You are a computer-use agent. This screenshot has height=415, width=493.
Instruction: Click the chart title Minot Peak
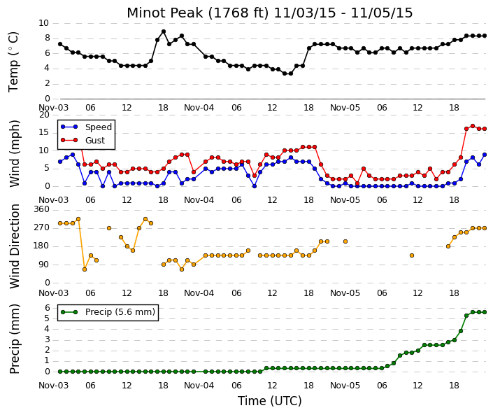point(165,13)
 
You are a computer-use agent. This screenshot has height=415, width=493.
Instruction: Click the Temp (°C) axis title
point(13,62)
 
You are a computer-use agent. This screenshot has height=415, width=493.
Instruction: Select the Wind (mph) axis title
point(14,154)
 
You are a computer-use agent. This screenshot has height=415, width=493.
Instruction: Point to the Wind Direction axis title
point(15,246)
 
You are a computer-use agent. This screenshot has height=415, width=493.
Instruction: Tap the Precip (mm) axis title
point(14,339)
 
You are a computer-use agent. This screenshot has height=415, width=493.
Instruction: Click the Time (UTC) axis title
point(269,401)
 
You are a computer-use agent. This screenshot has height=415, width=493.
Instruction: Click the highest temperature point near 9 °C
point(164,31)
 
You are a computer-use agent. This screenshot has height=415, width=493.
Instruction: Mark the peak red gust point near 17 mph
point(473,126)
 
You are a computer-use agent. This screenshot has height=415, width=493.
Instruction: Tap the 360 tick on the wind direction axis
point(43,209)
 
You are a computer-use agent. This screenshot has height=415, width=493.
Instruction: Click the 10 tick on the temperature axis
point(43,23)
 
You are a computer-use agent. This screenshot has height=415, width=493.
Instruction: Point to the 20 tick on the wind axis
point(44,115)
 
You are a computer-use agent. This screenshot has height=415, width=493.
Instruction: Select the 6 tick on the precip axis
point(48,308)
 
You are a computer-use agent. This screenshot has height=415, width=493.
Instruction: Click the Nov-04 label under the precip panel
point(199,386)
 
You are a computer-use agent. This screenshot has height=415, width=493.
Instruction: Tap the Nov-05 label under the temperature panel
point(345,108)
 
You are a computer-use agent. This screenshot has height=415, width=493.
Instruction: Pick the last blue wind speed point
point(485,155)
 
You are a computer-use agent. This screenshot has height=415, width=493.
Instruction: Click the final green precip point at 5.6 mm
point(485,312)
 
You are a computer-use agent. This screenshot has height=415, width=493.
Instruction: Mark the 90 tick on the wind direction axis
point(46,265)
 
